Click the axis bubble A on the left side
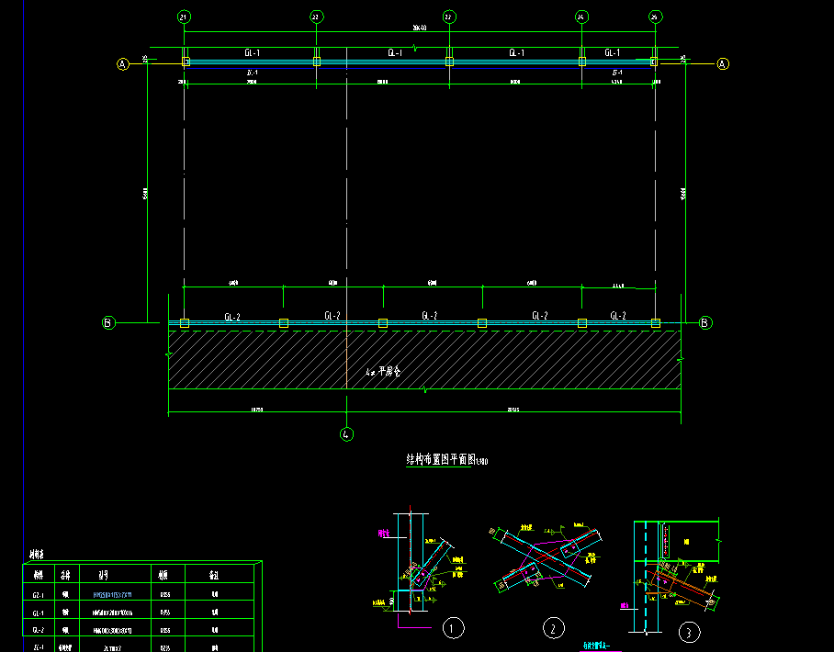(122, 63)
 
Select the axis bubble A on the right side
(722, 63)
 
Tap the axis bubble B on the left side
(107, 322)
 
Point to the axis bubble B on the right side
(705, 322)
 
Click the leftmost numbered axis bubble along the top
(184, 17)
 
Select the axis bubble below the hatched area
(346, 433)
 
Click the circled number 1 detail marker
(452, 628)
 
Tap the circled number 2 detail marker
(553, 628)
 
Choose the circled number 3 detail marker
(689, 632)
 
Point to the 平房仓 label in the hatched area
(383, 372)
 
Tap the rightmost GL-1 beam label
(612, 53)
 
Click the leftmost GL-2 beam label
(232, 316)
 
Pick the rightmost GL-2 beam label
(618, 316)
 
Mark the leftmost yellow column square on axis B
(185, 323)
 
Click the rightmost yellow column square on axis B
(656, 323)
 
